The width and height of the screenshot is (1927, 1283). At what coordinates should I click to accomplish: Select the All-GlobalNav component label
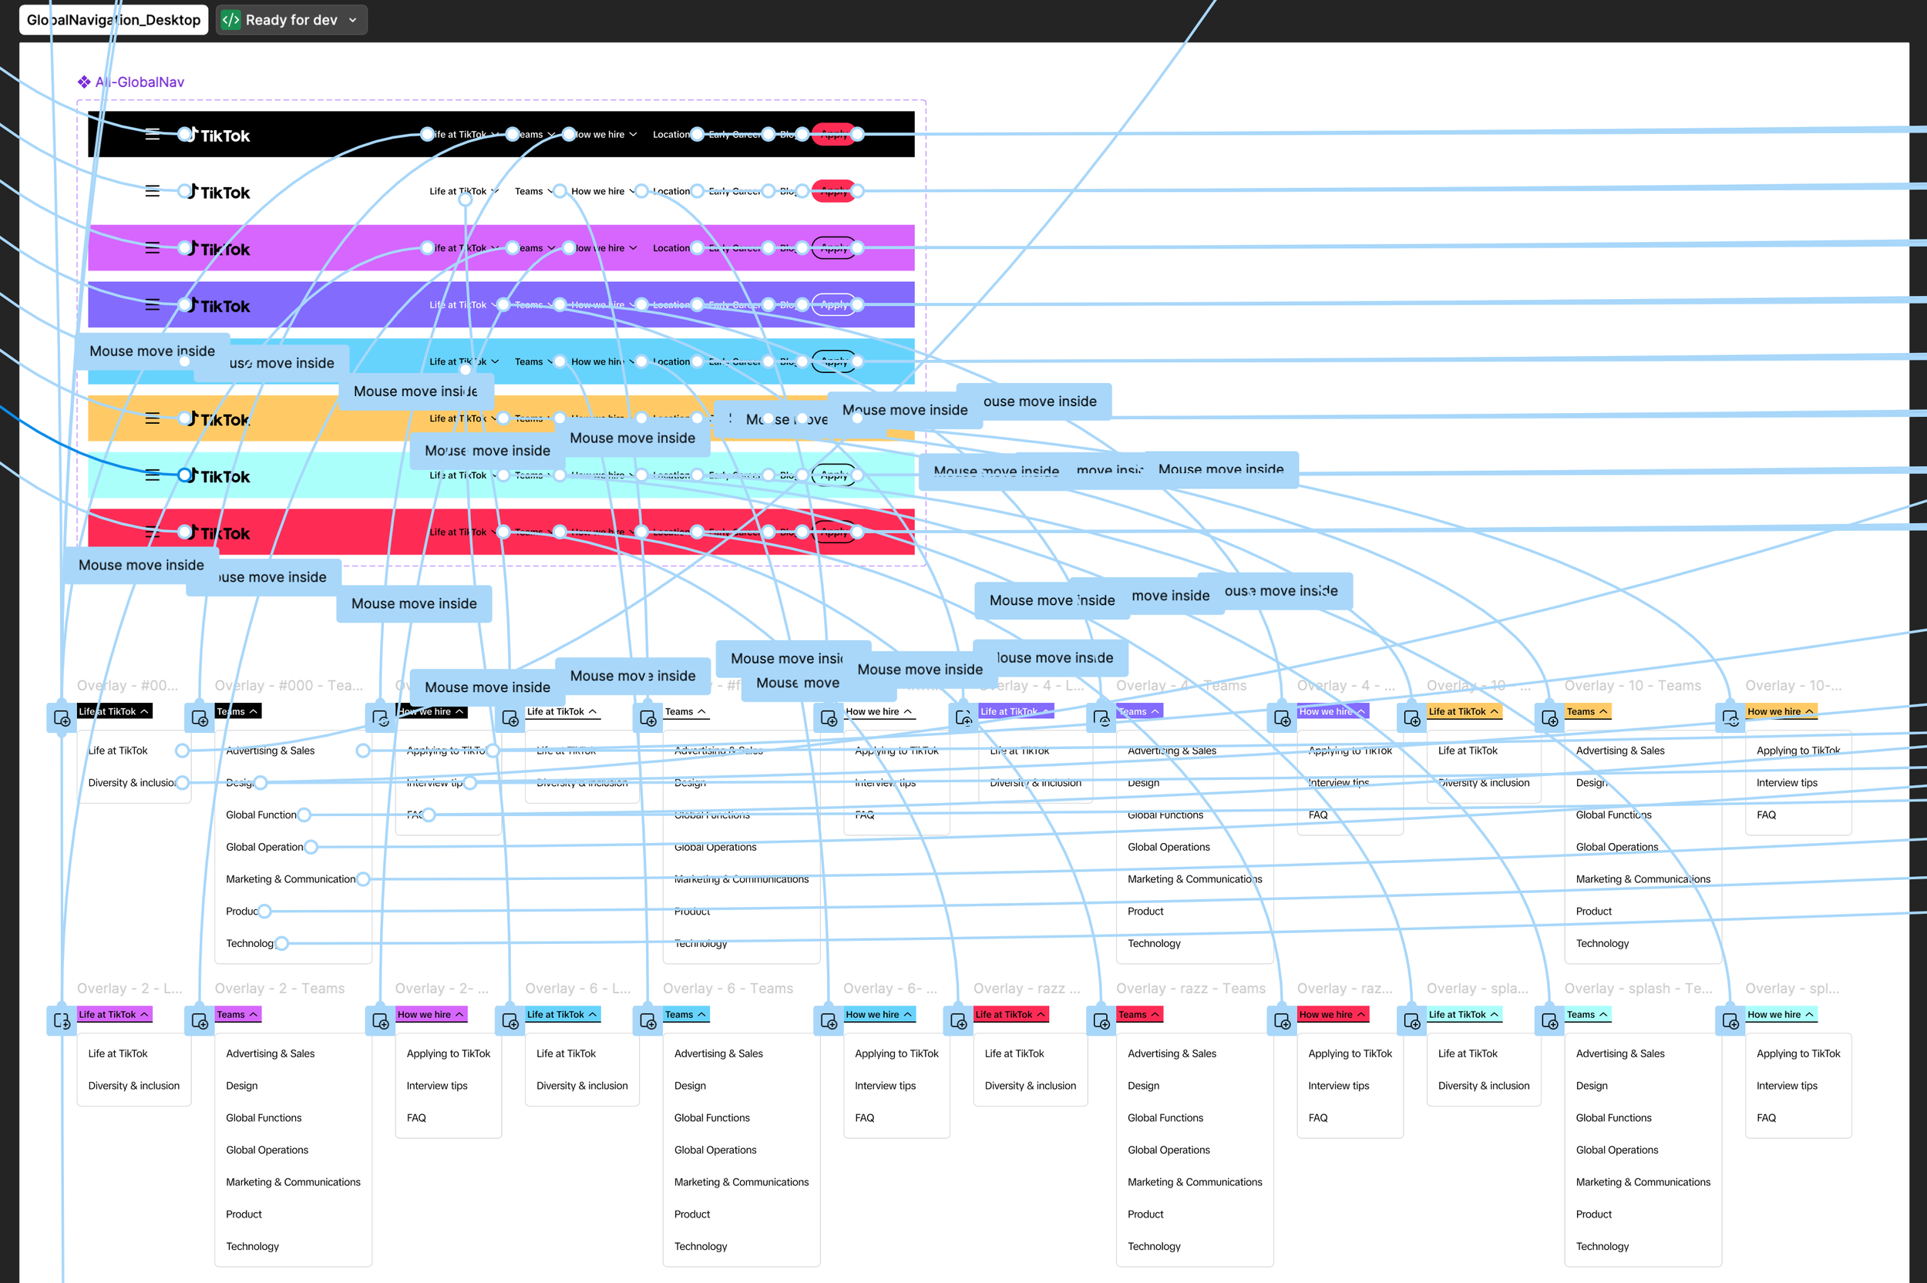(139, 82)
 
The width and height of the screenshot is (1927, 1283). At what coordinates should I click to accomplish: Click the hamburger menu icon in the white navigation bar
(152, 191)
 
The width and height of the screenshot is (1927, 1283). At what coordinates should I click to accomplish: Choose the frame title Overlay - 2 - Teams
(279, 989)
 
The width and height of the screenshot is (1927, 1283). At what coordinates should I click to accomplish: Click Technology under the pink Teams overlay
(252, 1246)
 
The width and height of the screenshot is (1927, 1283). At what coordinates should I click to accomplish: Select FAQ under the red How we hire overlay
(1317, 1118)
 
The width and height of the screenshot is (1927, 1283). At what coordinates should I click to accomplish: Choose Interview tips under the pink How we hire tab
(437, 1086)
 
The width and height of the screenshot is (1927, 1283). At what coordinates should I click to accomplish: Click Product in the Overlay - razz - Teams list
(1145, 1214)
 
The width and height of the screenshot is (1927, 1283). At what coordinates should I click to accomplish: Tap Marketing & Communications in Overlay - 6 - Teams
(741, 1182)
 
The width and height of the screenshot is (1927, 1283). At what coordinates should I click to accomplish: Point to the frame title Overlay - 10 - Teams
(1632, 686)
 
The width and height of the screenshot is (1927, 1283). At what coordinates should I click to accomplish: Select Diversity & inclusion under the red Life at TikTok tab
(1031, 1086)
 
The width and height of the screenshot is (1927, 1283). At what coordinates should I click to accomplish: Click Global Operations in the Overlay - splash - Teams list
(1616, 1150)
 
